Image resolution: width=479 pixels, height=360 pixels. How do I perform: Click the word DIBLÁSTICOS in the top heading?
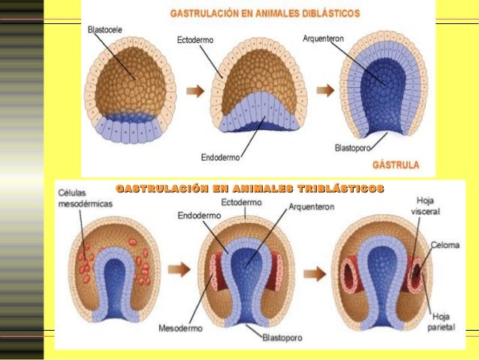[325, 14]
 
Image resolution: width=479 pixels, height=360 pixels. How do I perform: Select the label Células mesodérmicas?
[83, 198]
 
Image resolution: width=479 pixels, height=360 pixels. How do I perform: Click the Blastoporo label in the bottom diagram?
[282, 338]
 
